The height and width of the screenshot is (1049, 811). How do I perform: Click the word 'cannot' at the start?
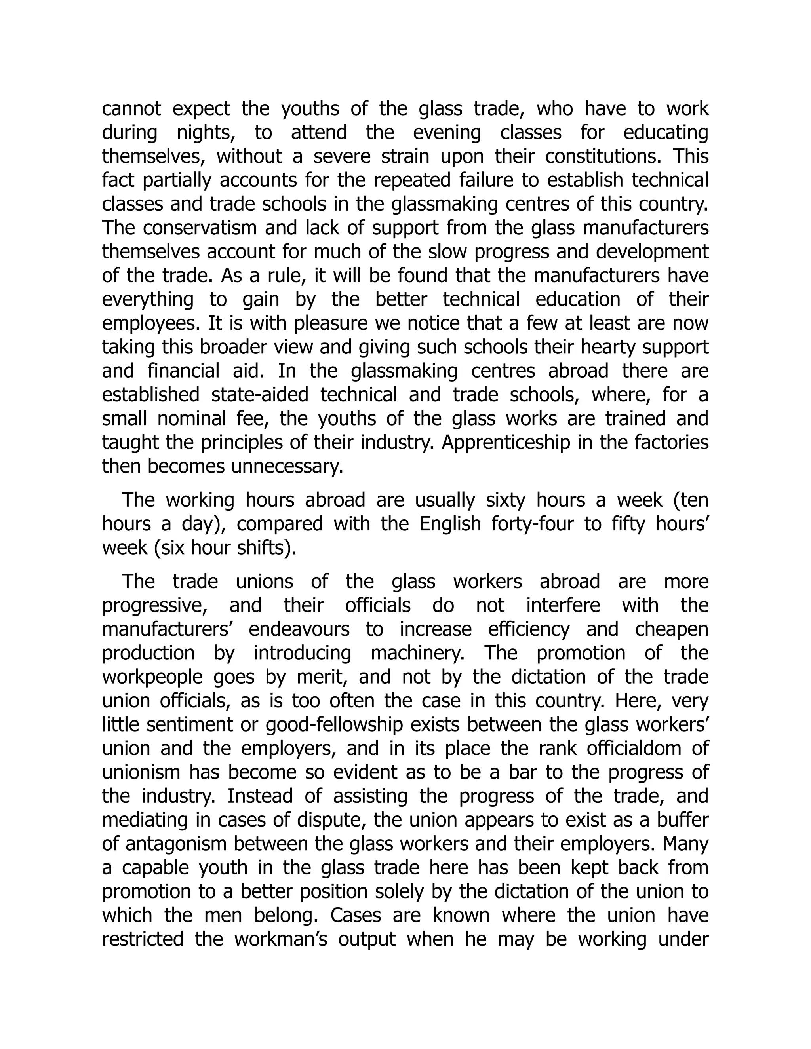pyautogui.click(x=131, y=109)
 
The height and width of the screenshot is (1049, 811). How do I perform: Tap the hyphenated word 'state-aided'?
pyautogui.click(x=259, y=395)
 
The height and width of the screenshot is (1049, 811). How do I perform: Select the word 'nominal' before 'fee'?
pyautogui.click(x=191, y=419)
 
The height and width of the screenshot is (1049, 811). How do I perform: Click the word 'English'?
pyautogui.click(x=450, y=524)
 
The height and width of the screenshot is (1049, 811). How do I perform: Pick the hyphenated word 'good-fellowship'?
pyautogui.click(x=333, y=725)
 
